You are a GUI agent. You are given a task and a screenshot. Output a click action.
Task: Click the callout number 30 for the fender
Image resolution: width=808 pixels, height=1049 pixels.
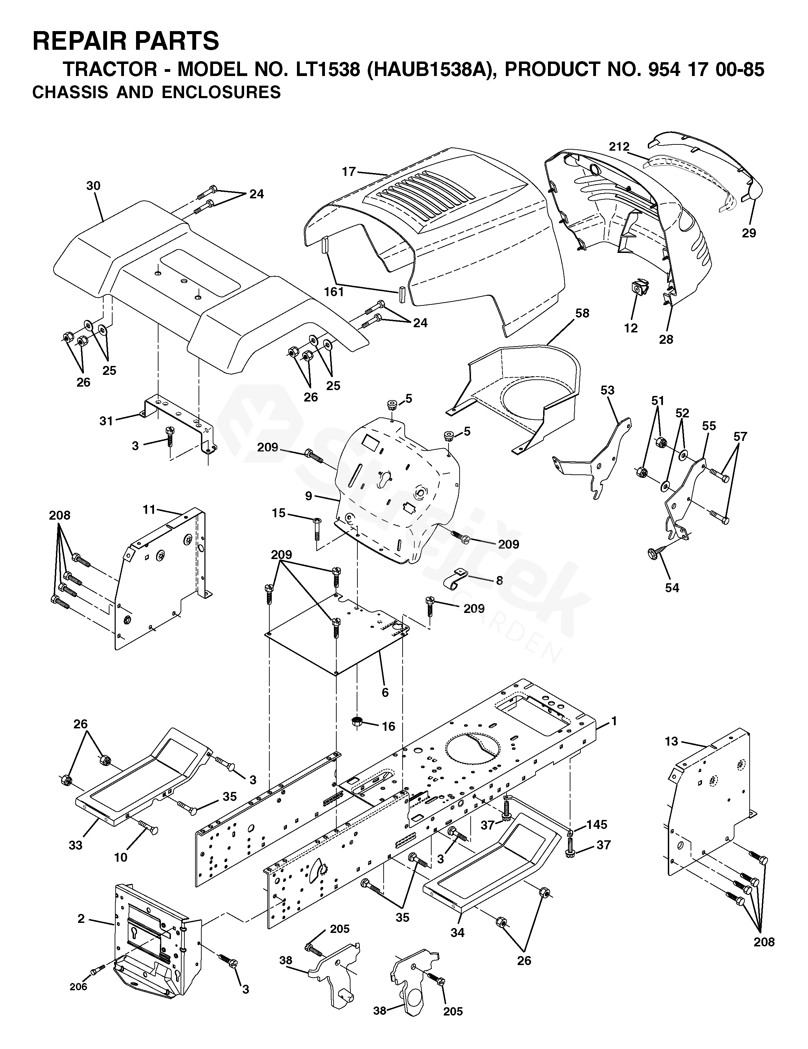[x=93, y=186]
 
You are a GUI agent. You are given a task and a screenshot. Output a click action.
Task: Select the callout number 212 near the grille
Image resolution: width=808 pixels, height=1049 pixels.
[x=619, y=147]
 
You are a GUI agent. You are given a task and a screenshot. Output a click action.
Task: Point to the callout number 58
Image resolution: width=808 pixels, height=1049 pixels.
[x=582, y=313]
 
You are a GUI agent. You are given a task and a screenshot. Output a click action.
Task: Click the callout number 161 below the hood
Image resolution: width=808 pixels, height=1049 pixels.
[x=334, y=292]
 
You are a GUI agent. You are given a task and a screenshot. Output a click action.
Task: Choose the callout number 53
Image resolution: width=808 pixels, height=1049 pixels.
[x=607, y=390]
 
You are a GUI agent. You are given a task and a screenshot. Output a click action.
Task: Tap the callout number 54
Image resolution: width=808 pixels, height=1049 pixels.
[x=672, y=588]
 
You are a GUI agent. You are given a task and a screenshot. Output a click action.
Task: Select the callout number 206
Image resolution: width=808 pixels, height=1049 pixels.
[x=78, y=986]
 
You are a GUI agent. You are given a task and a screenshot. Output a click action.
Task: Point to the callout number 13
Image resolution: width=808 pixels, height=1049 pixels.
[x=672, y=741]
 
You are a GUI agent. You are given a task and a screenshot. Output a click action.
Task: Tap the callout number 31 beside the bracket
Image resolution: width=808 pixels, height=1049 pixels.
[x=106, y=421]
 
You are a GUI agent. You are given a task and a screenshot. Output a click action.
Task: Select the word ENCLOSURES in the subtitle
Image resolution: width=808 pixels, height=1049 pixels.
[x=221, y=92]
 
